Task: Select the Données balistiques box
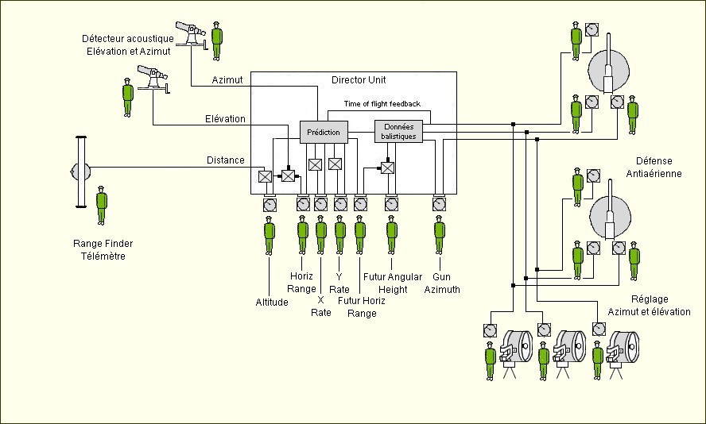pyautogui.click(x=398, y=131)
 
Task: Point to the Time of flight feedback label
pyautogui.click(x=382, y=104)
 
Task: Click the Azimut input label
pyautogui.click(x=227, y=80)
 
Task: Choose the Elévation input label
pyautogui.click(x=224, y=119)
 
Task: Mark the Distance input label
pyautogui.click(x=226, y=160)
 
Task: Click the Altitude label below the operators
pyautogui.click(x=272, y=302)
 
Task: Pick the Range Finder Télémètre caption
pyautogui.click(x=99, y=250)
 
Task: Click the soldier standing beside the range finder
pyautogui.click(x=102, y=205)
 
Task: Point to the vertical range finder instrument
pyautogui.click(x=80, y=172)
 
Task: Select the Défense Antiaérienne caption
pyautogui.click(x=659, y=167)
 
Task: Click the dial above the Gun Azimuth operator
pyautogui.click(x=440, y=204)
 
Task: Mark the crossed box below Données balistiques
pyautogui.click(x=388, y=168)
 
